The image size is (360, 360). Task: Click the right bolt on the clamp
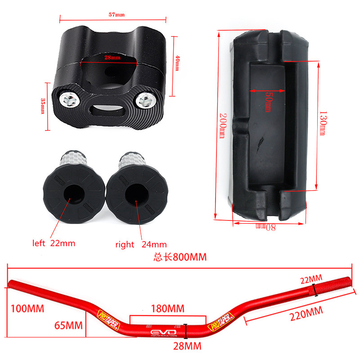[x=145, y=100]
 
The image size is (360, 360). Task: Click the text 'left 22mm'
[x=54, y=243]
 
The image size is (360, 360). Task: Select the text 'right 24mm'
[x=141, y=244]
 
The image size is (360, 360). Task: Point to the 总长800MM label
[x=180, y=257]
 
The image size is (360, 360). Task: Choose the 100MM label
[x=27, y=309]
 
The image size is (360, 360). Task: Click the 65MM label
[x=69, y=325]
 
